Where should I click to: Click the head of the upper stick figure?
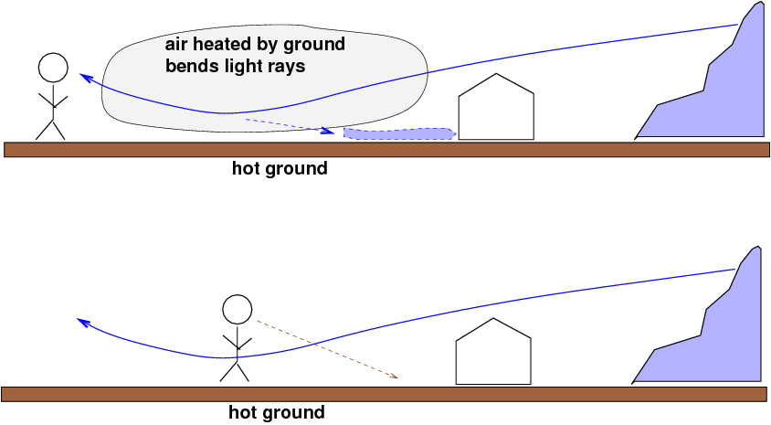coord(53,68)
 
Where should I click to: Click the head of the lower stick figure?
coord(237,310)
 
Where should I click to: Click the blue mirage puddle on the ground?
coord(399,134)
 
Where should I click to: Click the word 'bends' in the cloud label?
coord(188,67)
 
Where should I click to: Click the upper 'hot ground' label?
coord(279,169)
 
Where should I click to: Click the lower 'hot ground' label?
coord(276,413)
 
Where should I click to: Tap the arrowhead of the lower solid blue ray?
coord(81,322)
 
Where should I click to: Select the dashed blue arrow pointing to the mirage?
coord(288,125)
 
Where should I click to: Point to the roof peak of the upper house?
coord(495,74)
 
